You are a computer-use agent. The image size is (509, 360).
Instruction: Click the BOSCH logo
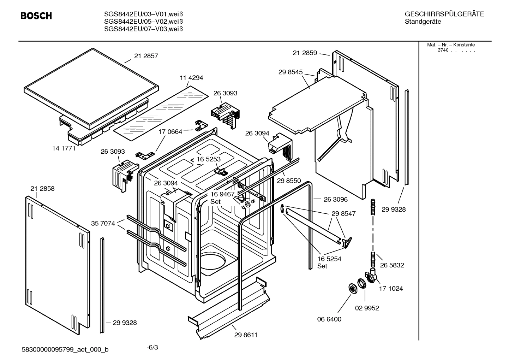(36, 16)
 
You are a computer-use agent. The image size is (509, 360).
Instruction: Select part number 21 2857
(146, 56)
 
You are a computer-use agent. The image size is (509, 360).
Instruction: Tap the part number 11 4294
(191, 78)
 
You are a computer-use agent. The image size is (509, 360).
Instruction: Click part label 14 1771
(64, 148)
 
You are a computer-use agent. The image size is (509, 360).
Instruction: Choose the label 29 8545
(291, 72)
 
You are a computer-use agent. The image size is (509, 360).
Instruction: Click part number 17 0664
(170, 132)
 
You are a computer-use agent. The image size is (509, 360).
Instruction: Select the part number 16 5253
(209, 159)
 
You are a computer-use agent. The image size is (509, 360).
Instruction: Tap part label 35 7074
(103, 223)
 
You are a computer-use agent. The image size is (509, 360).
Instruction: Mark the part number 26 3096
(335, 199)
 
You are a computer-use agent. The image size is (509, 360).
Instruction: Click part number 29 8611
(246, 335)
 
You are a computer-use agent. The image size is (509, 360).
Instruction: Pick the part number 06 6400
(329, 319)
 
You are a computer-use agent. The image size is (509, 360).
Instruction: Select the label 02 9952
(367, 308)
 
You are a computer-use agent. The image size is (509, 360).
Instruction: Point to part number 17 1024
(391, 289)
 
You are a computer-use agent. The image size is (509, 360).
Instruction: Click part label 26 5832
(392, 265)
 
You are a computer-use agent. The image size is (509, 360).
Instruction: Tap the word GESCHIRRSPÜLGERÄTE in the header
(444, 14)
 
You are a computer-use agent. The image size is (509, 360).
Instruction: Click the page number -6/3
(152, 347)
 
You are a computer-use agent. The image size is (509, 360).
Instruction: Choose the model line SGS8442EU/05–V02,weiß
(143, 22)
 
